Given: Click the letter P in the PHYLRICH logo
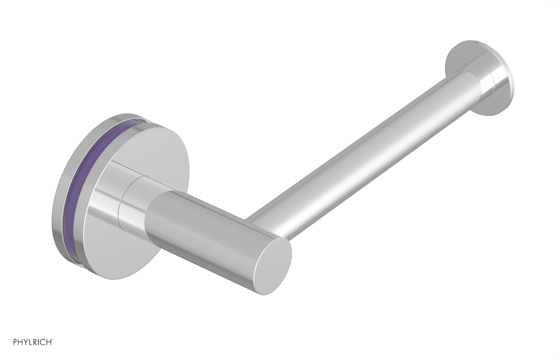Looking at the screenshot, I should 8,341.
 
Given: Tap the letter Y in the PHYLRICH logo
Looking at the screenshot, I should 21,341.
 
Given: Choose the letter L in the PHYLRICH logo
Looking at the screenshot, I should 27,341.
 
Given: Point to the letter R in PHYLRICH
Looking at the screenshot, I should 33,341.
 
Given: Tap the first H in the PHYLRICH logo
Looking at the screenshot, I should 14,341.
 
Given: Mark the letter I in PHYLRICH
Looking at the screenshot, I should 38,341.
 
